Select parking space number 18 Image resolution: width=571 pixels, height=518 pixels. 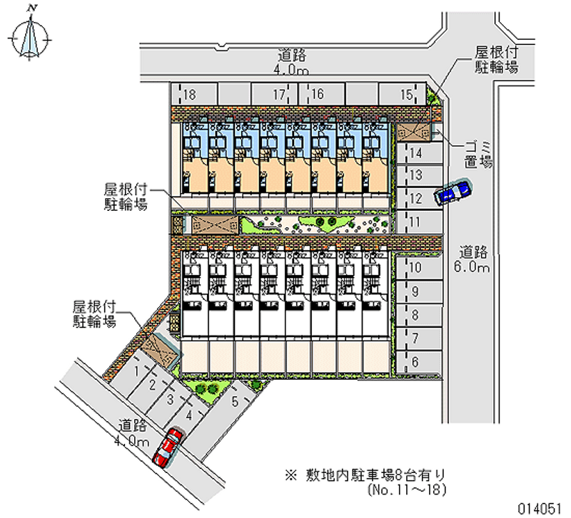click(x=191, y=94)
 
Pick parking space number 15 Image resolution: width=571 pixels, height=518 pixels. click(x=404, y=94)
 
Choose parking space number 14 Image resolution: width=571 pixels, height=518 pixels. click(x=418, y=153)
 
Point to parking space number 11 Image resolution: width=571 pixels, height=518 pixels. click(x=418, y=222)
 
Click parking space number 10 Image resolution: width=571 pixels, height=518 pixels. click(x=418, y=268)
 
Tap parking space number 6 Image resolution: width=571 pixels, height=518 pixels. click(x=418, y=361)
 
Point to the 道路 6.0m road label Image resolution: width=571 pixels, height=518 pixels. click(x=473, y=259)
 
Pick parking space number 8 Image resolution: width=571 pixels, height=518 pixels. click(x=418, y=315)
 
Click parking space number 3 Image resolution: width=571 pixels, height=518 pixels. click(x=169, y=400)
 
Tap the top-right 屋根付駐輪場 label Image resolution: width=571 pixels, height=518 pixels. click(x=496, y=61)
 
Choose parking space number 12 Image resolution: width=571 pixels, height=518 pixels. click(x=418, y=199)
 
